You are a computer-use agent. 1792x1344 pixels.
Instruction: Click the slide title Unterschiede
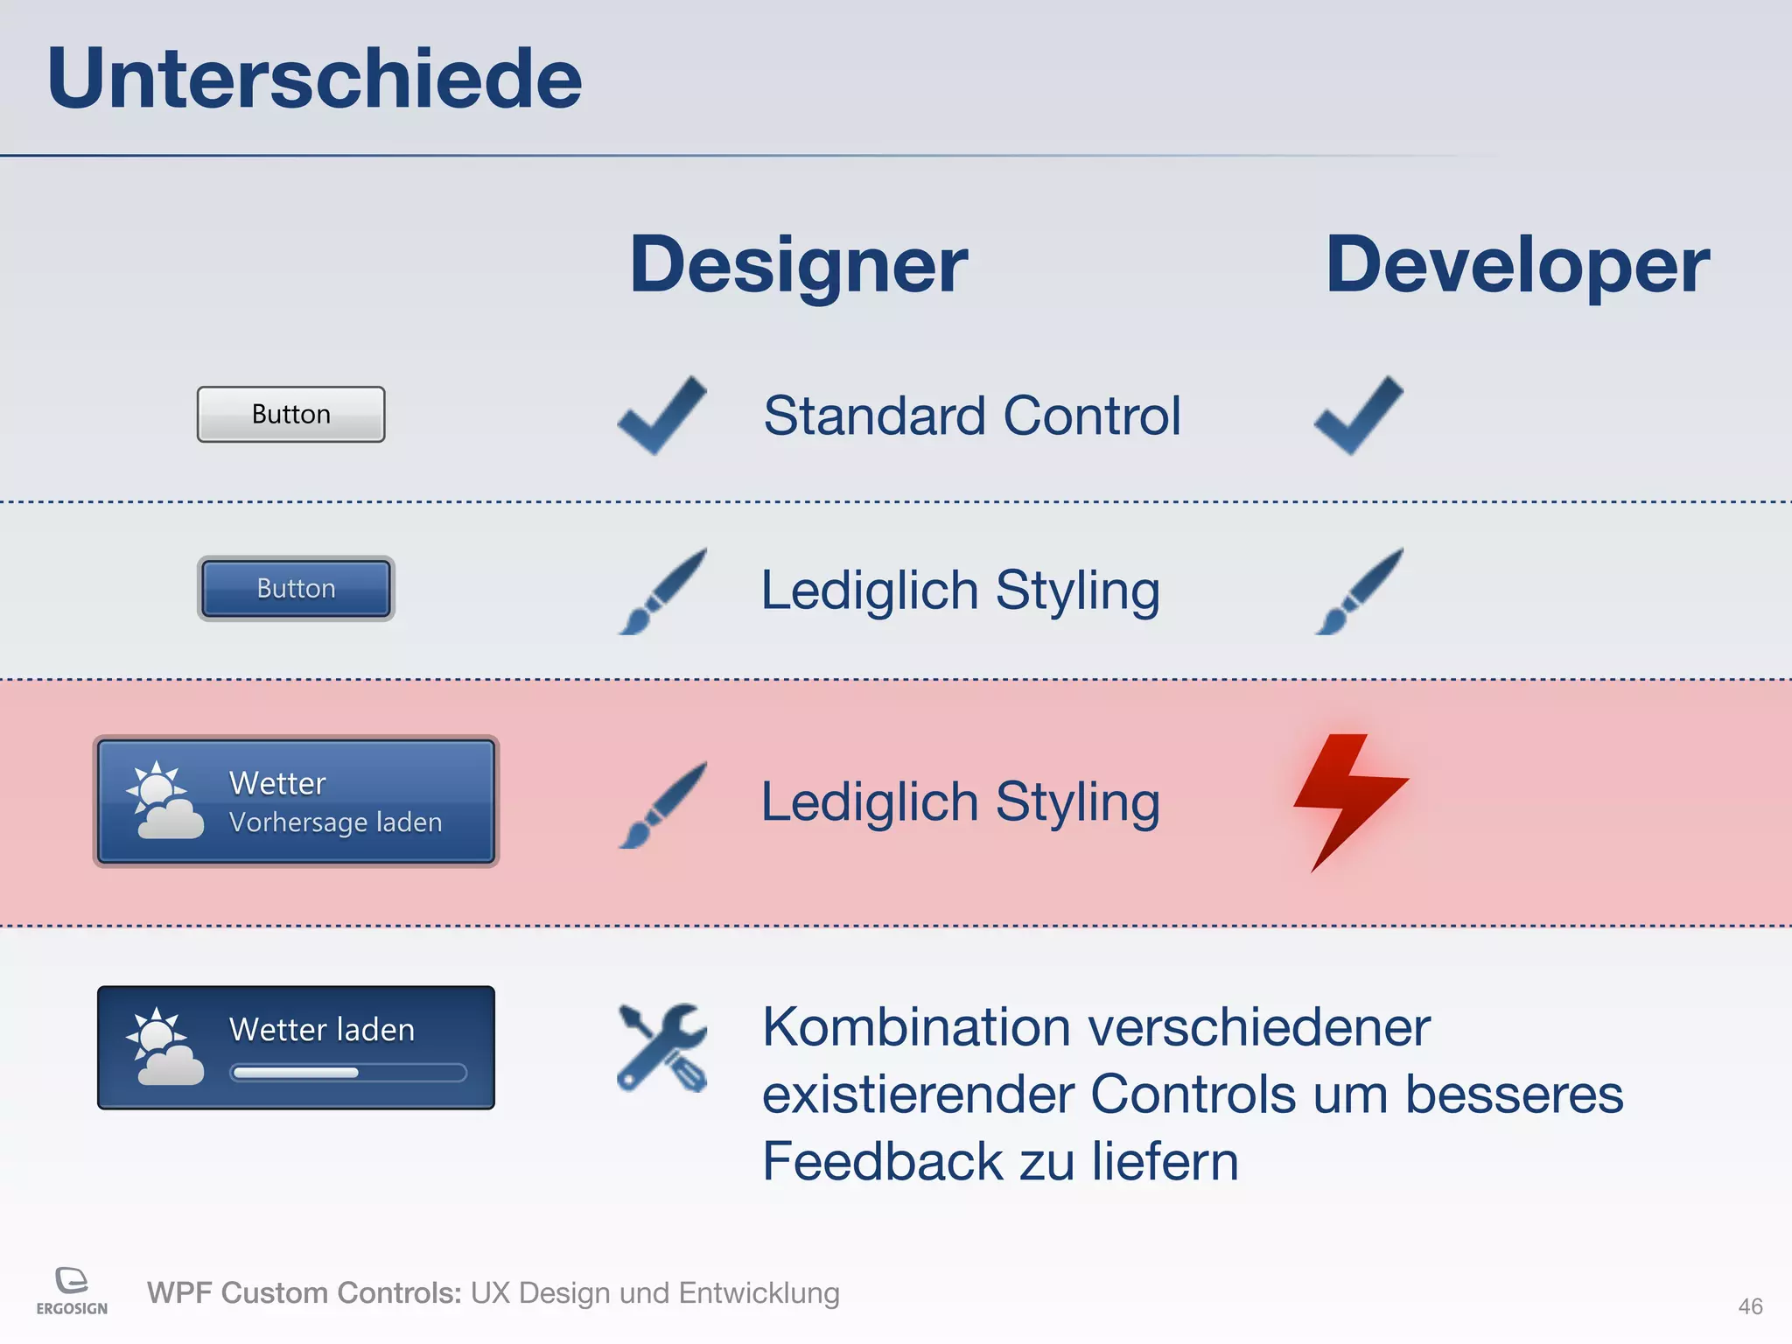[314, 80]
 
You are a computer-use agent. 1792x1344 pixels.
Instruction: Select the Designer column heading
[798, 265]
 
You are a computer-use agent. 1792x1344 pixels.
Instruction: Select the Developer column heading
[1516, 265]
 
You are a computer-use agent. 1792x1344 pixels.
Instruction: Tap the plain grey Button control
[290, 414]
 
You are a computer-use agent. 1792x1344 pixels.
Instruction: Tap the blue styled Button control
[296, 588]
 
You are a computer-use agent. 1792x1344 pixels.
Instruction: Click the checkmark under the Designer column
[661, 416]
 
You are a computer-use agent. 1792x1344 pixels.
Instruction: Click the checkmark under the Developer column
[1358, 416]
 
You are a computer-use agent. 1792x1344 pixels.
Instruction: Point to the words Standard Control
[971, 416]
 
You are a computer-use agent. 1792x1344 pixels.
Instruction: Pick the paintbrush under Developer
[1359, 591]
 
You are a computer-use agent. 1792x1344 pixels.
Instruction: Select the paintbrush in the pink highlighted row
[662, 804]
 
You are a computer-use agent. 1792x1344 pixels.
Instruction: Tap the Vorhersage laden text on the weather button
[335, 822]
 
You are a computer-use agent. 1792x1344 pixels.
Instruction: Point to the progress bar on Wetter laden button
[347, 1073]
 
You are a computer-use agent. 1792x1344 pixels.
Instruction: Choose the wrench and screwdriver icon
[661, 1047]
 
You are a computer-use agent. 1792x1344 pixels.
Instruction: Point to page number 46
[1749, 1306]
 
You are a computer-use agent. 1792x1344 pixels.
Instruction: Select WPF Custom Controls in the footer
[304, 1292]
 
